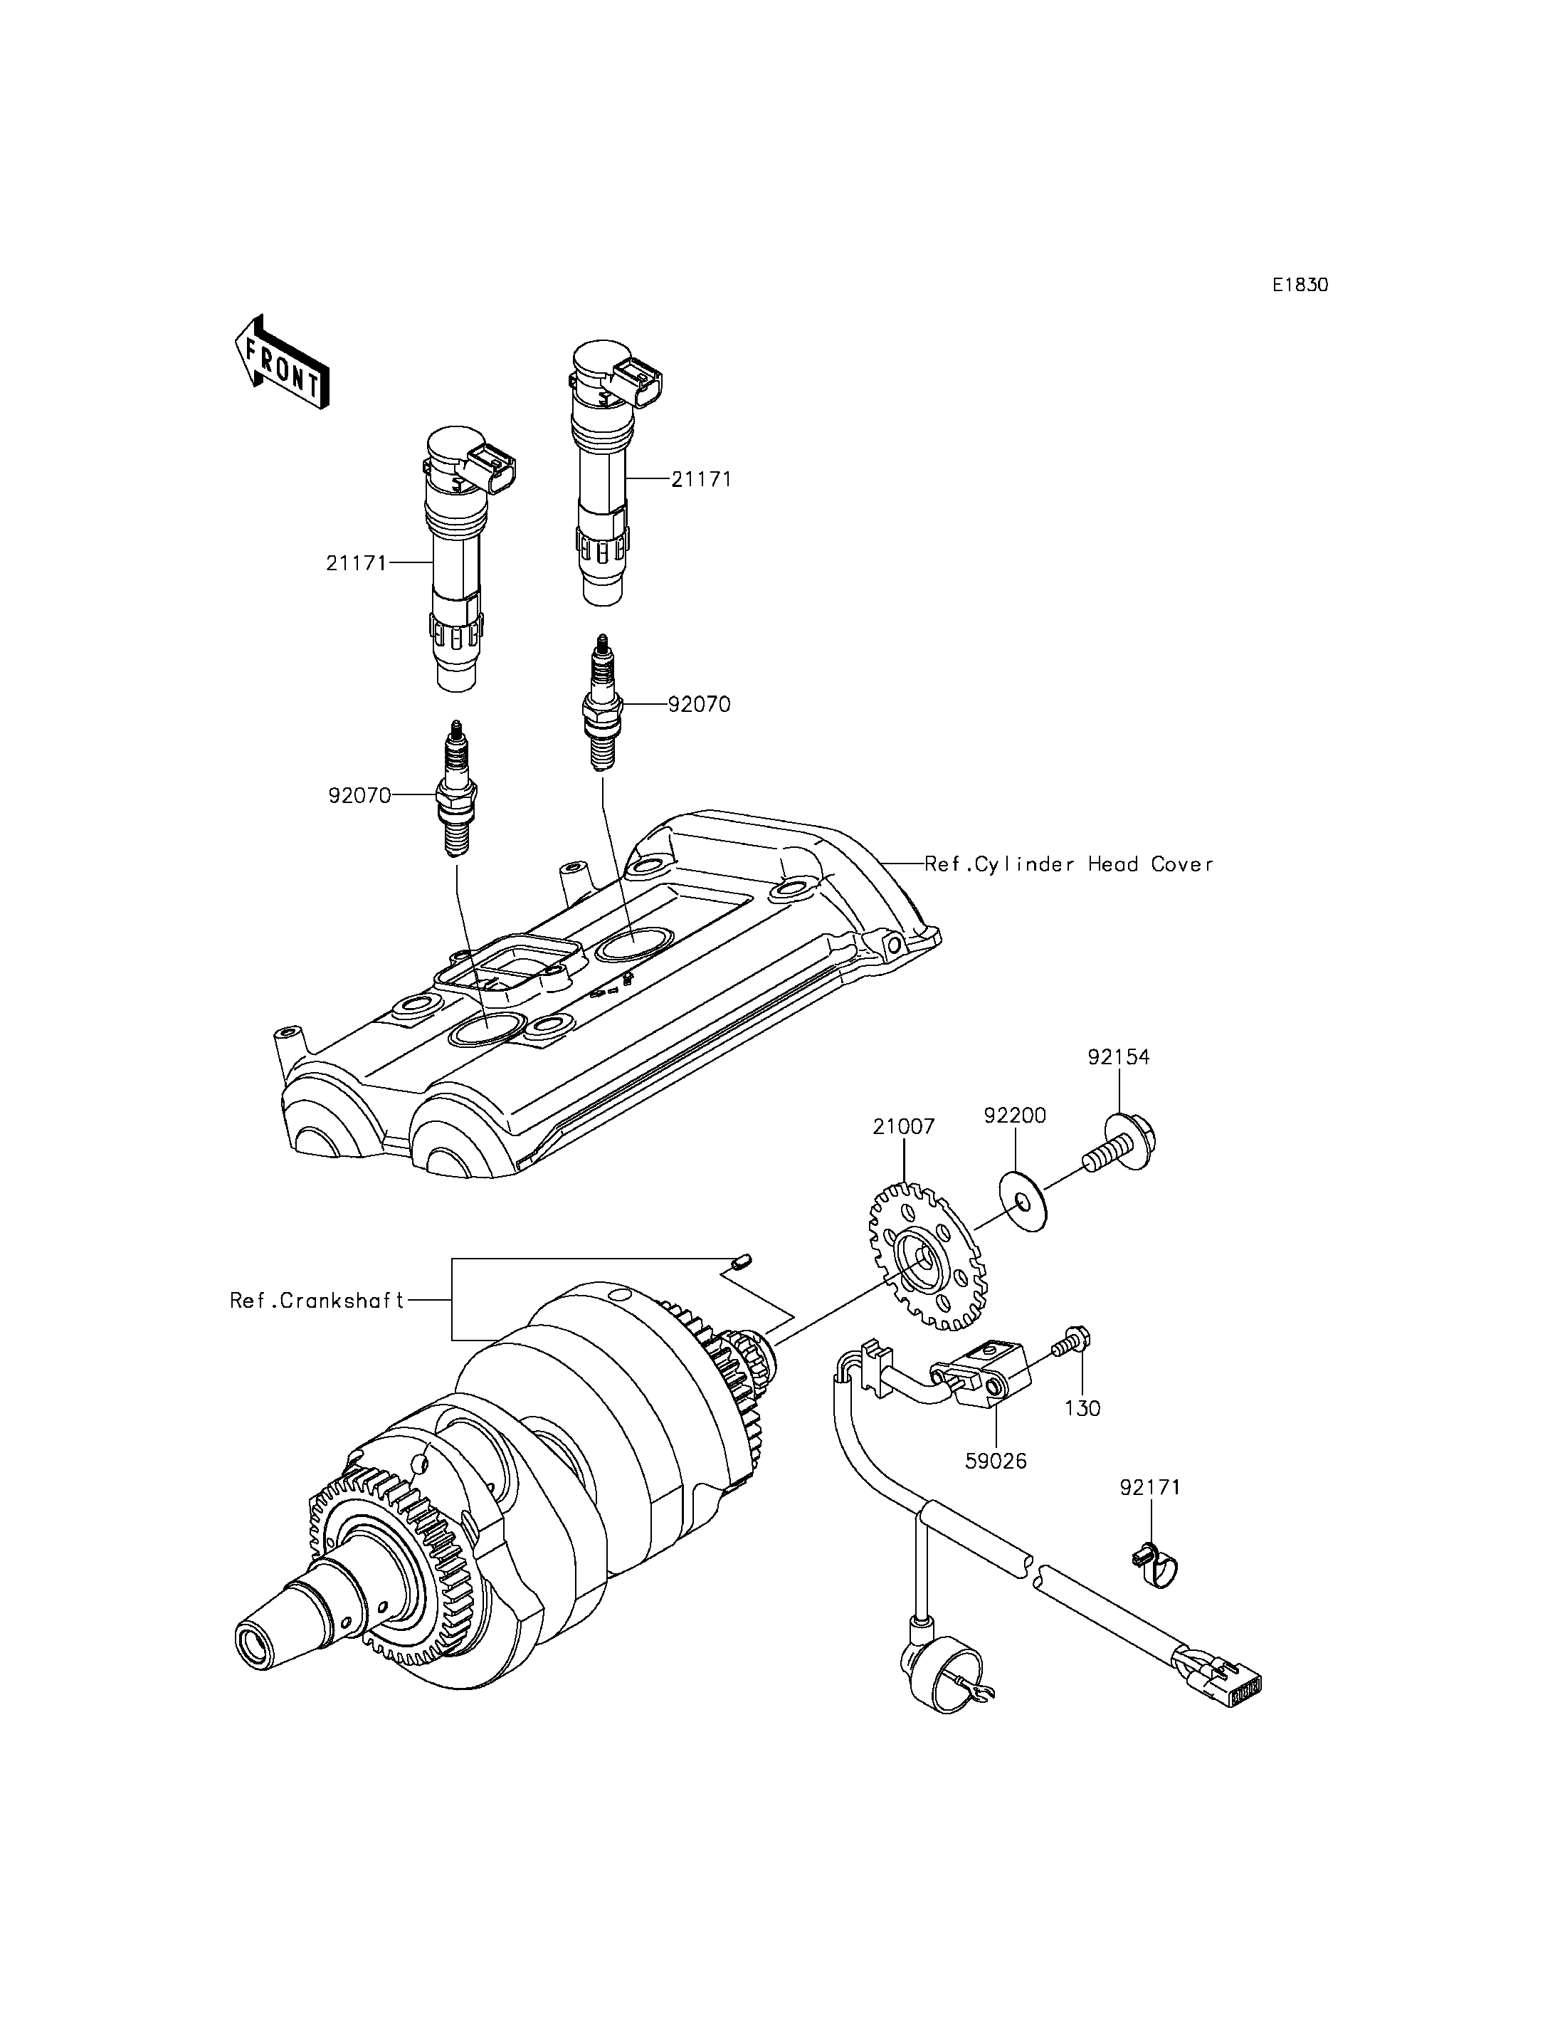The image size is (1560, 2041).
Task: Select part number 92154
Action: (1118, 1057)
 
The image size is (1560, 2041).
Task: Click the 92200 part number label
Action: (1014, 1116)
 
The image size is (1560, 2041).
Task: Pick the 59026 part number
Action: (996, 1462)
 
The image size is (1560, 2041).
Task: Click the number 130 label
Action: (1082, 1408)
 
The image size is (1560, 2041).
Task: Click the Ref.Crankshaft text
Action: (317, 1301)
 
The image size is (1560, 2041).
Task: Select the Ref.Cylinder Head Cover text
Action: (1068, 864)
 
